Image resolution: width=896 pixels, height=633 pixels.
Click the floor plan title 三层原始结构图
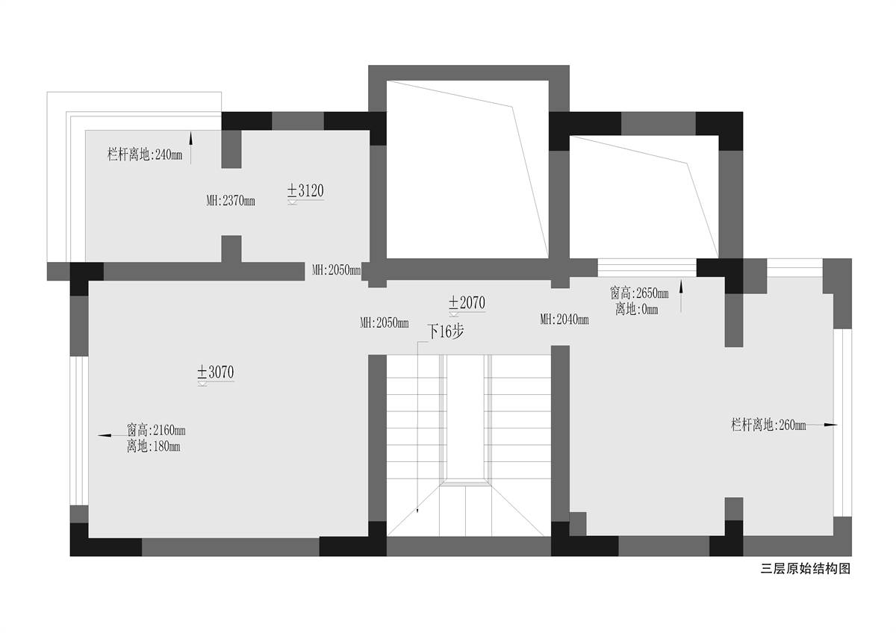(806, 569)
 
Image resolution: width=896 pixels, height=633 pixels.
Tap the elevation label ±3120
(305, 191)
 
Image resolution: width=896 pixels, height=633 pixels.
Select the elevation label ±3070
(216, 372)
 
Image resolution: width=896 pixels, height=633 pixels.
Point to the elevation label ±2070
(467, 303)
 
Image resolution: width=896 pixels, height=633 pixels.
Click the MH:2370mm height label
(231, 201)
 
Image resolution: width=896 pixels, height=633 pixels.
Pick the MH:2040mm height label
(564, 319)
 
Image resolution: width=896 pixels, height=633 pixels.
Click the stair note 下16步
(446, 331)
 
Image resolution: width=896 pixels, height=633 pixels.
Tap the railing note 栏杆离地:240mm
(145, 154)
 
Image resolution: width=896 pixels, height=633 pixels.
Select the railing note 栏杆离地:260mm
(768, 425)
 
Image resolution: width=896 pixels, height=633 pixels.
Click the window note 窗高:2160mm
(156, 430)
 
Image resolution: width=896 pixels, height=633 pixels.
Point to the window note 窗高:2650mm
(639, 293)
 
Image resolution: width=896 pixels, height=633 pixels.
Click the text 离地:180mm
(153, 446)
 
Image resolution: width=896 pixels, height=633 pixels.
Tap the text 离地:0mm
(636, 309)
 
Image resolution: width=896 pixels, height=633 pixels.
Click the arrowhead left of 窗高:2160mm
(105, 435)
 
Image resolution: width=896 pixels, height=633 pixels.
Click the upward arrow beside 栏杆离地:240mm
(191, 148)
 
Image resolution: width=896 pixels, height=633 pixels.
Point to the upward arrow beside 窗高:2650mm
(681, 296)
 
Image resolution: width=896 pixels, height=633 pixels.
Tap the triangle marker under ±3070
(202, 384)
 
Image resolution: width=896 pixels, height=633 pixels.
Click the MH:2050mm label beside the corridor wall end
(337, 270)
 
